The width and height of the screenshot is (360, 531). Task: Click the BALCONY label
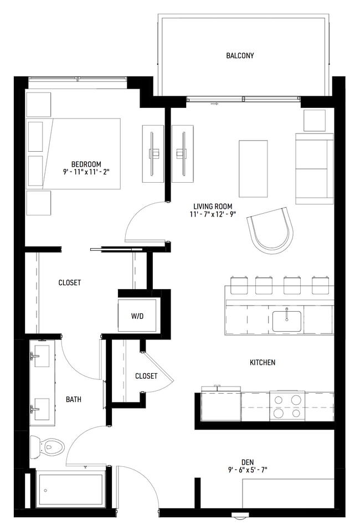pos(240,56)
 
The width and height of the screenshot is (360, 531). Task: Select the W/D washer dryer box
pos(137,316)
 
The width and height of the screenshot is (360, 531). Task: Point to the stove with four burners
pos(287,406)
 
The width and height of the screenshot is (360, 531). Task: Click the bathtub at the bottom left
pos(70,489)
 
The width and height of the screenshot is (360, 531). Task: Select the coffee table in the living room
pos(253,168)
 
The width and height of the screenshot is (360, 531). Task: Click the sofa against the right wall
pos(314,168)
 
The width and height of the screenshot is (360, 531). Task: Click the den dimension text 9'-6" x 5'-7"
pos(247,471)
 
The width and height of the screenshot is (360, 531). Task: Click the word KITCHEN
pos(263,363)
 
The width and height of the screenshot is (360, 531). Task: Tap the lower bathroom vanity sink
pos(42,408)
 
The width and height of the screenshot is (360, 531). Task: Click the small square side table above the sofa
pos(314,120)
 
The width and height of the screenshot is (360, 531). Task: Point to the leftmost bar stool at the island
pos(238,285)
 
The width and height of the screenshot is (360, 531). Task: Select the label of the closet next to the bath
pos(146,376)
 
